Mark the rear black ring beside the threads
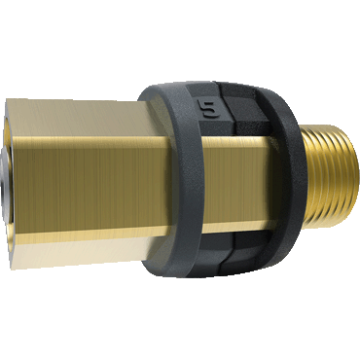click(285, 178)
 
